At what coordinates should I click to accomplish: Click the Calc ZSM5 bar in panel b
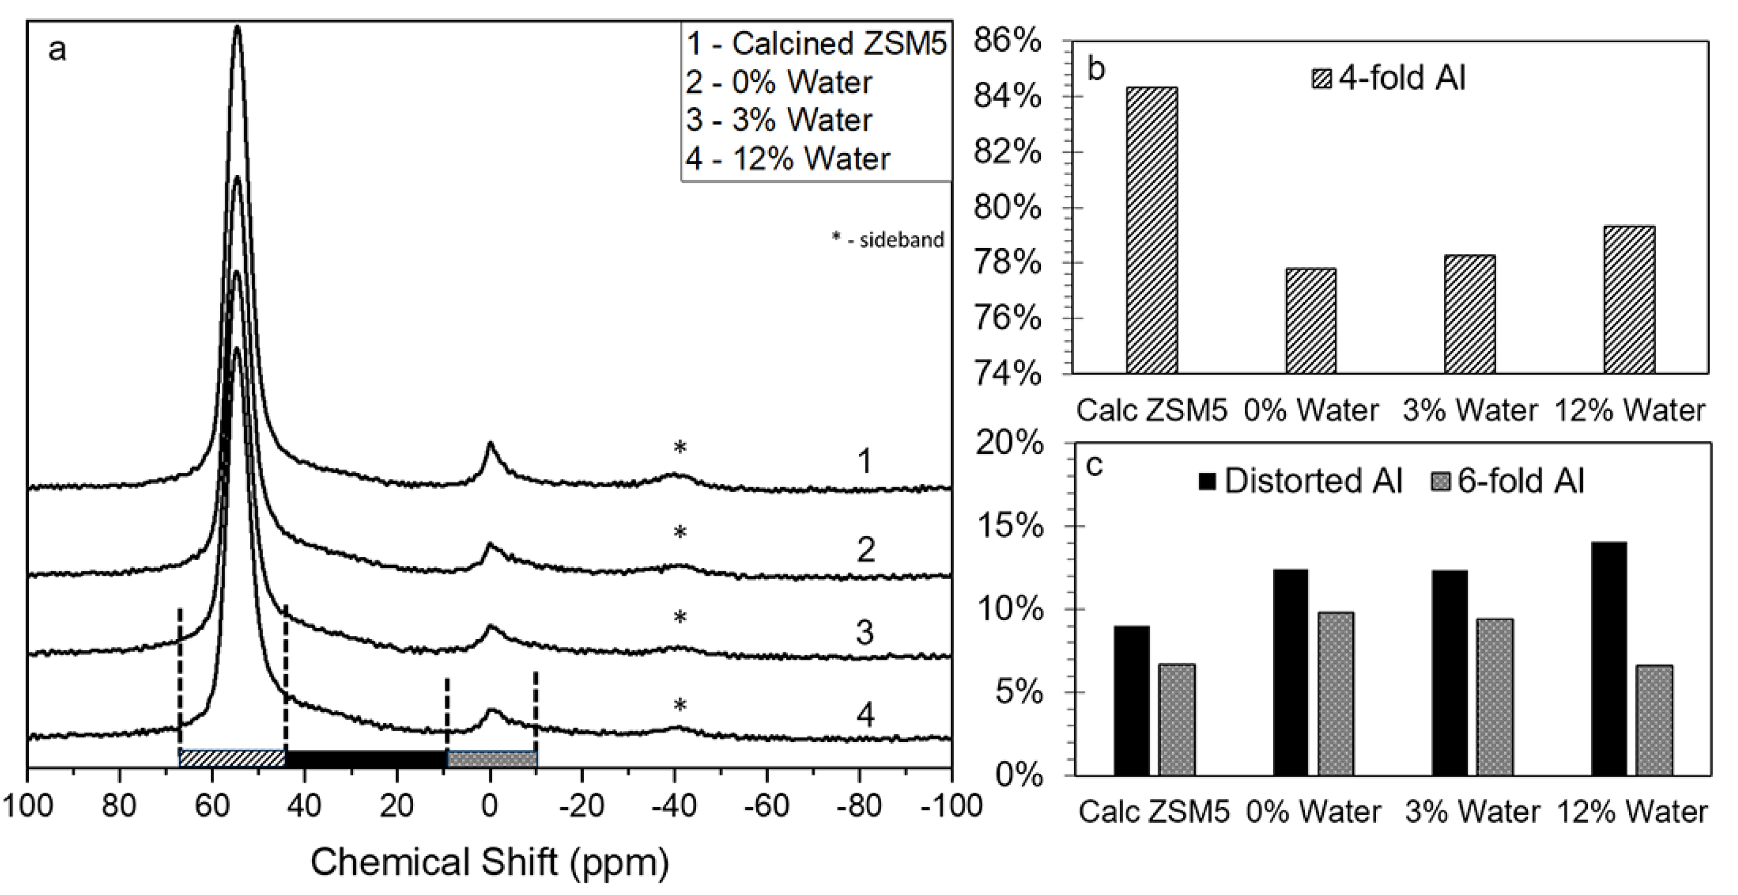click(1151, 230)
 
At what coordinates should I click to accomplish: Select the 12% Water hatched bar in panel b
click(1630, 300)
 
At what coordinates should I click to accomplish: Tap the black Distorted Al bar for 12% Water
click(1609, 659)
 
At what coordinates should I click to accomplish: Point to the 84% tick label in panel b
click(1007, 97)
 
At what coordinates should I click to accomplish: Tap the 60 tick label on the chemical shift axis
click(212, 807)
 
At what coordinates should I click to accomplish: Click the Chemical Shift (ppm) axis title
click(490, 862)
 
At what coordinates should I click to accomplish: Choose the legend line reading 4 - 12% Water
click(787, 159)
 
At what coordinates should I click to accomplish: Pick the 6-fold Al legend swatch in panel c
click(1441, 481)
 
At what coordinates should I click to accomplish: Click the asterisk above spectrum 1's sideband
click(680, 447)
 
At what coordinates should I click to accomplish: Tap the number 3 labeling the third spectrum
click(865, 634)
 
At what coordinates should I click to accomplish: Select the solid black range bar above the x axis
click(366, 759)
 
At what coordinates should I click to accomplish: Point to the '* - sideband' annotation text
click(887, 240)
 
